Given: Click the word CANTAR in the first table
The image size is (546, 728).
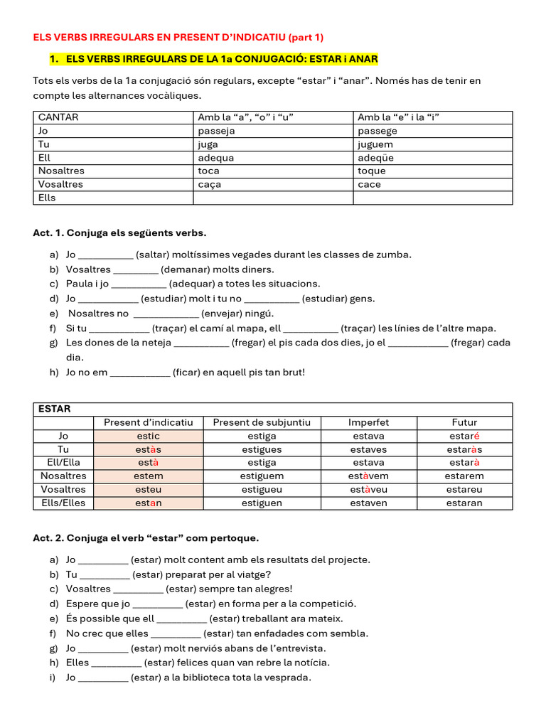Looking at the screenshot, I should (x=58, y=117).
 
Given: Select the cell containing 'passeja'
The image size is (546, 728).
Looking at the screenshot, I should (x=216, y=131).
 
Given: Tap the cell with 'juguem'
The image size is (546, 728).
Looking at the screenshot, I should (x=378, y=144).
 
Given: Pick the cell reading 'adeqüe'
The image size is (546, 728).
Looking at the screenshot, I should (x=375, y=158).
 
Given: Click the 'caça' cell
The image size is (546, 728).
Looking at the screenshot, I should (x=210, y=184).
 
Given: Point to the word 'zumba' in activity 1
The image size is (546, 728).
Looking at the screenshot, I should (x=395, y=255).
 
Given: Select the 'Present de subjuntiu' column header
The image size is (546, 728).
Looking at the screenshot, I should (x=262, y=422).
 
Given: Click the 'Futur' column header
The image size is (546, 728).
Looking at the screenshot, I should (x=464, y=422).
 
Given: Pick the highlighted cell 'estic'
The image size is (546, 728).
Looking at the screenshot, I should (x=148, y=436).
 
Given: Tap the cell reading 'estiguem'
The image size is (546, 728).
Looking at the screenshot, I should (x=262, y=476).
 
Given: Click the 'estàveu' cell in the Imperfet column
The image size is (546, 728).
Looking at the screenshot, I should (x=368, y=489).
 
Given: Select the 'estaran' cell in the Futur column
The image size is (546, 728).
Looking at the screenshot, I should (x=465, y=503).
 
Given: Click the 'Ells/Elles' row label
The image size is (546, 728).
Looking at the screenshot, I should (x=63, y=503).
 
